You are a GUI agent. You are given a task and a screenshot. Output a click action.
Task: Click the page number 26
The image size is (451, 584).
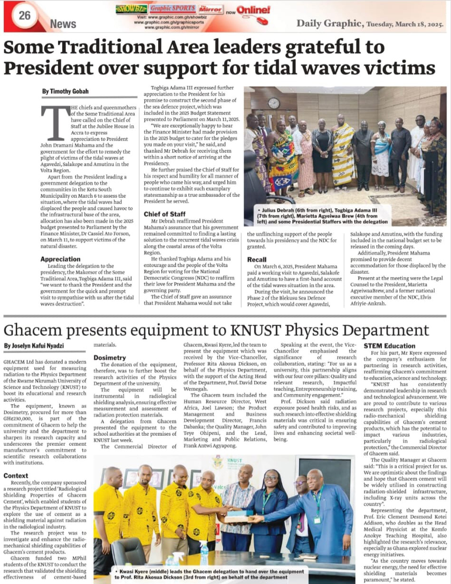[x=24, y=15]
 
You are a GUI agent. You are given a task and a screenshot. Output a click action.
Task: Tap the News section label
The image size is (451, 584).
[x=63, y=23]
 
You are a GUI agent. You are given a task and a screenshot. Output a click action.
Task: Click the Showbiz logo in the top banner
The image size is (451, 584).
[x=131, y=9]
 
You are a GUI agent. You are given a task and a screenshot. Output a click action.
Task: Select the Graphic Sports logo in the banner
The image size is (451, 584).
[x=173, y=8]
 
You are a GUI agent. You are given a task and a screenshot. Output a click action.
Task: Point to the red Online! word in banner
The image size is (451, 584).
[x=254, y=10]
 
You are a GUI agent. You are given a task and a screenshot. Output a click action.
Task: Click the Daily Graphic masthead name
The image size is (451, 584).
[x=330, y=23]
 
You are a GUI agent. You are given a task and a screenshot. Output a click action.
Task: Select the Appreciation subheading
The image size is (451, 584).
[x=60, y=259]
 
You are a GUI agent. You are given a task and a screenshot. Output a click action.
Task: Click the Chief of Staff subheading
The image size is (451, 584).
[x=165, y=214]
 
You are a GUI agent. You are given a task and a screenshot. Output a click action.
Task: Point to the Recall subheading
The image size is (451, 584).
[x=257, y=259]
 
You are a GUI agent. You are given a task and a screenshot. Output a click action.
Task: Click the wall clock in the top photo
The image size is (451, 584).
[x=274, y=103]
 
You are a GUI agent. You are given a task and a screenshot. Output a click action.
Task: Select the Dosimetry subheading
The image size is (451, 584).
[x=110, y=357]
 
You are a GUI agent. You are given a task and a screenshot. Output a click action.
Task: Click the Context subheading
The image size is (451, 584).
[x=16, y=475]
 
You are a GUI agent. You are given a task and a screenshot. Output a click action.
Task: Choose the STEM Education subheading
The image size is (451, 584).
[x=390, y=345]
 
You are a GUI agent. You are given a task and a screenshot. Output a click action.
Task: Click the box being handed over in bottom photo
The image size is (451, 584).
[x=240, y=516]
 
